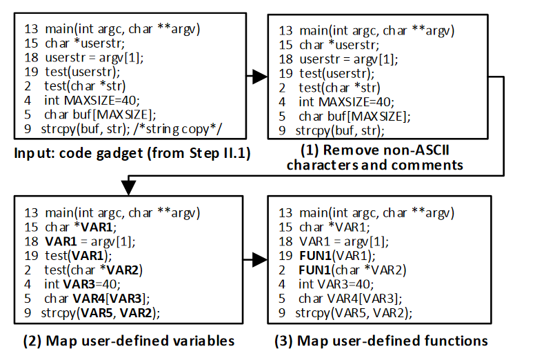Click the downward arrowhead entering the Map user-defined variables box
point(128,183)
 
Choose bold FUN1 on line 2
point(315,270)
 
